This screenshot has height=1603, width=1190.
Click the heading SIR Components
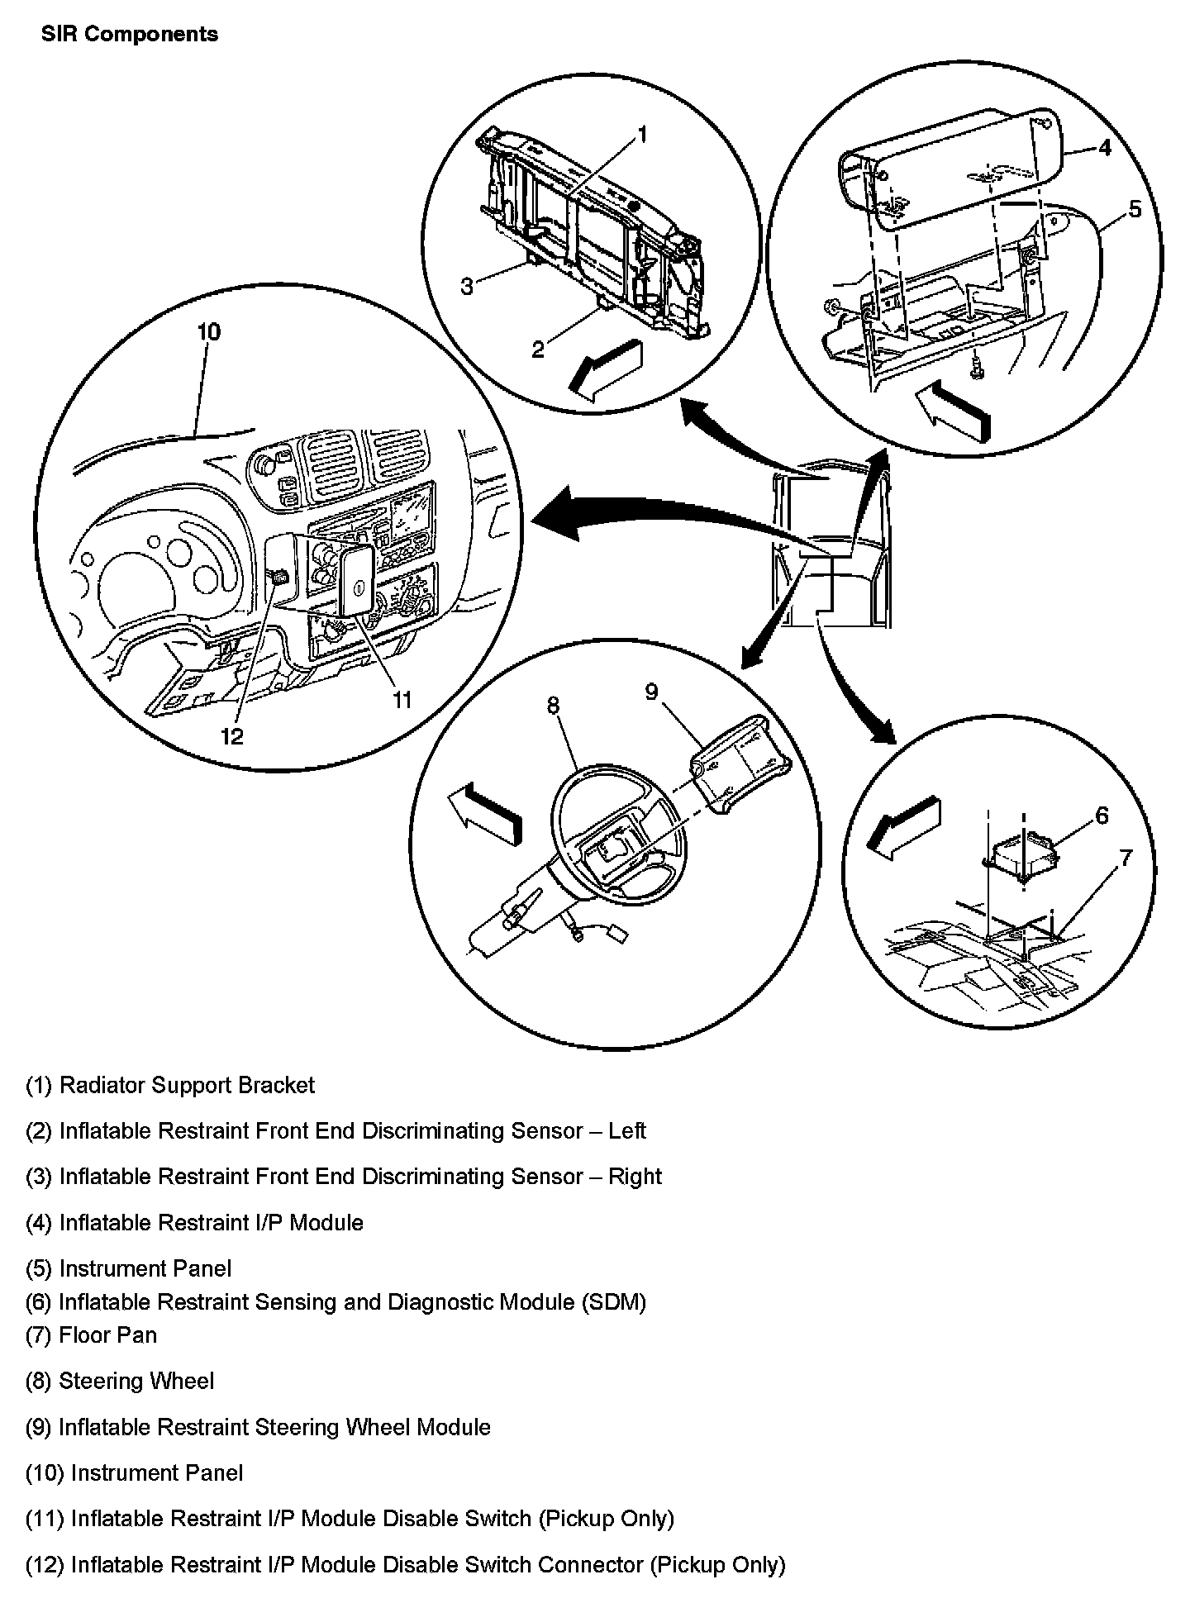(x=130, y=35)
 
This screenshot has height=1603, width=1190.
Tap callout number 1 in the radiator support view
(x=643, y=135)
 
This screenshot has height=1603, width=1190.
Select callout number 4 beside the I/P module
(x=1104, y=148)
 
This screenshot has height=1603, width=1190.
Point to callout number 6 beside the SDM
(x=1101, y=816)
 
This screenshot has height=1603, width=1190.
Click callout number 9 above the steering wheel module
(x=651, y=692)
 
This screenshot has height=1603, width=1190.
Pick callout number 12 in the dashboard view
(x=232, y=735)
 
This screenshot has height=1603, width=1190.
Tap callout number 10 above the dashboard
(x=208, y=332)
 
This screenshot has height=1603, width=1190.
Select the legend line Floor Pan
(x=91, y=1335)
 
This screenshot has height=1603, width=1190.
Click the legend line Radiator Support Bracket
(x=170, y=1085)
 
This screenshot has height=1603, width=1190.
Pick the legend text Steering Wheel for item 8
(x=136, y=1381)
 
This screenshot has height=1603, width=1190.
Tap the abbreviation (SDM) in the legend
(x=613, y=1302)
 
